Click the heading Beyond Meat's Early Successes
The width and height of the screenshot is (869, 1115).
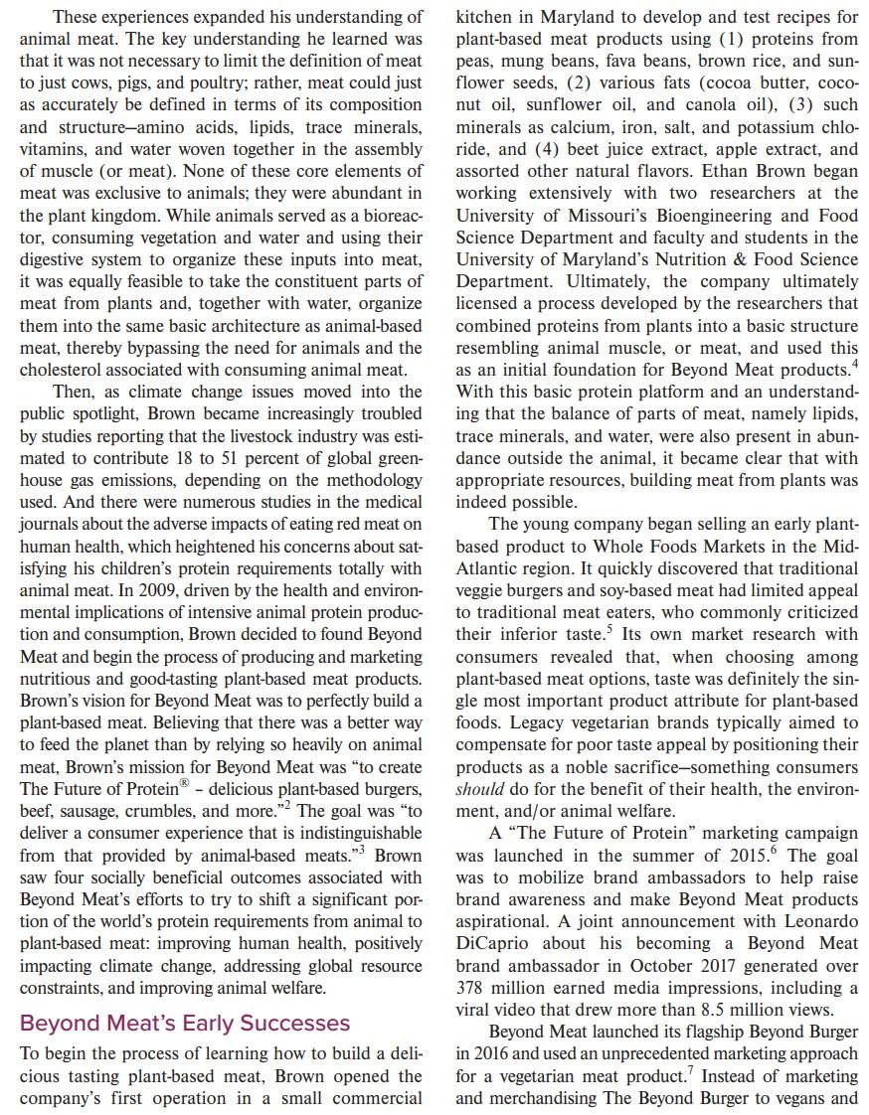click(185, 1023)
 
